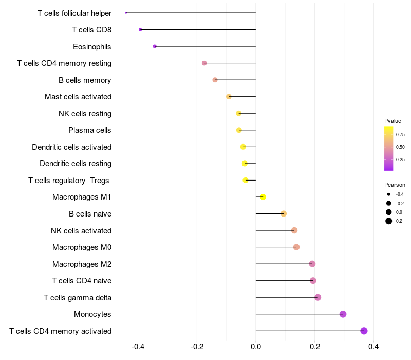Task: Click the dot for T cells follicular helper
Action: [x=126, y=13]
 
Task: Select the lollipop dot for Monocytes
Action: [x=343, y=314]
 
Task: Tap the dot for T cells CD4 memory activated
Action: [x=364, y=331]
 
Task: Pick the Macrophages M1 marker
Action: [x=263, y=197]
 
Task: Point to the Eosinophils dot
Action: [x=155, y=46]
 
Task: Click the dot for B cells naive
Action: [x=283, y=213]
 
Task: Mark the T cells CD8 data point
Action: [x=140, y=30]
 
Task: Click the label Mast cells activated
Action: [x=78, y=97]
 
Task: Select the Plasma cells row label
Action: [x=90, y=130]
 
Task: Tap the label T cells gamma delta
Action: [x=78, y=298]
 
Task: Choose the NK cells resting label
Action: [x=85, y=114]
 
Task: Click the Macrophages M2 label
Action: [x=82, y=264]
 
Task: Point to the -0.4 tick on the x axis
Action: [x=138, y=347]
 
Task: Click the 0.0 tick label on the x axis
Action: [x=256, y=347]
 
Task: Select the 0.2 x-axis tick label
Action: [x=315, y=347]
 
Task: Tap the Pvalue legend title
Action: [x=393, y=121]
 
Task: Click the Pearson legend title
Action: [x=395, y=185]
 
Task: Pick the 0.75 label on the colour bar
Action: [x=400, y=134]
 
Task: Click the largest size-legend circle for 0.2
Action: [x=389, y=221]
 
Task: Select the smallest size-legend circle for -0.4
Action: [x=389, y=194]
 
